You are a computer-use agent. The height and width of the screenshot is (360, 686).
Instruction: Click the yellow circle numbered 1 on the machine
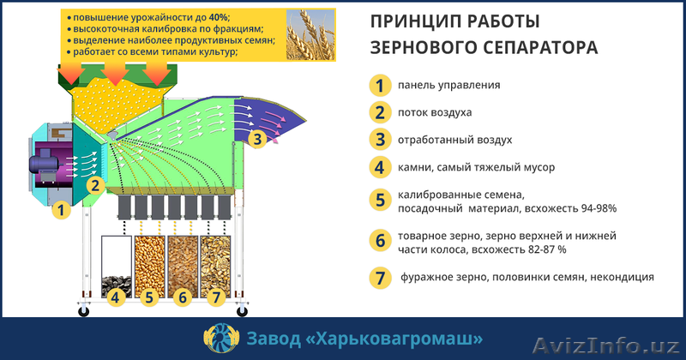pos(60,208)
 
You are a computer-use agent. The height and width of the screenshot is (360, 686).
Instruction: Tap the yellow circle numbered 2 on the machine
pos(95,184)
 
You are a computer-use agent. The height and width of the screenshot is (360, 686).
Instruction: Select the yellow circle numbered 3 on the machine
pos(256,139)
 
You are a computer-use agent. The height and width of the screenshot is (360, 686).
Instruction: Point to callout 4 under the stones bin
pos(116,298)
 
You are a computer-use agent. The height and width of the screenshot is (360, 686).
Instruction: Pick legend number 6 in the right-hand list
pos(378,240)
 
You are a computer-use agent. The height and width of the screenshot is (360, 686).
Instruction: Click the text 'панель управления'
pos(448,86)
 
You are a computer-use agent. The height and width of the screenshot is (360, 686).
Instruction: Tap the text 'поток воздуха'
pos(435,112)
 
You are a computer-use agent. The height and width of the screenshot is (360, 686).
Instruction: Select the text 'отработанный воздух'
pos(454,139)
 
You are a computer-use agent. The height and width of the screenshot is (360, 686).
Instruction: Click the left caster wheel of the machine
pos(84,311)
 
